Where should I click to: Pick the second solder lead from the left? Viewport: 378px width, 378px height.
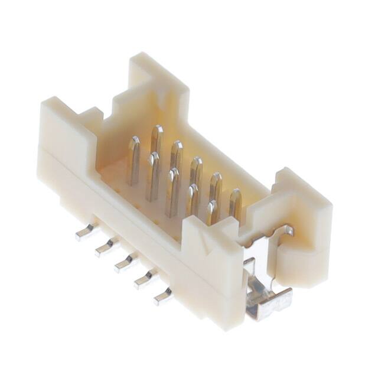coord(105,247)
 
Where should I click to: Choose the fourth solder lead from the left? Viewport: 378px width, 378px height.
coord(144,279)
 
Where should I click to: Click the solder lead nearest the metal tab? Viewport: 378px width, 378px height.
coord(162,295)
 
